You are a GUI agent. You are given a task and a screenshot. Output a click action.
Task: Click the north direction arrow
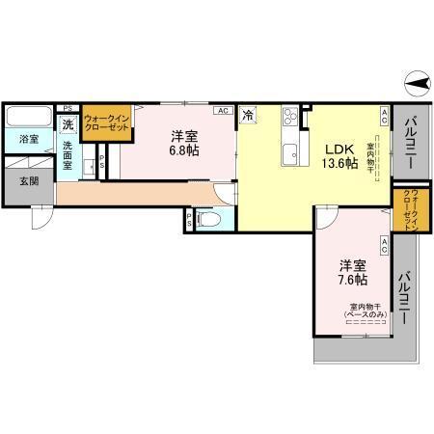click(x=416, y=87)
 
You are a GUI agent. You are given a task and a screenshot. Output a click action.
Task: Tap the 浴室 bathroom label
click(x=29, y=139)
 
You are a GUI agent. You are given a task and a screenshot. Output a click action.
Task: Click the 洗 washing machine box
click(x=68, y=124)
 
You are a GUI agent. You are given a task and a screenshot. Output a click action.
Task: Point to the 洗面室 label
click(x=68, y=154)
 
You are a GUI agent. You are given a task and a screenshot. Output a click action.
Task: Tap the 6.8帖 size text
click(x=186, y=151)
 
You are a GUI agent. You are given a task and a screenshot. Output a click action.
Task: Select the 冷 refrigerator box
click(x=248, y=116)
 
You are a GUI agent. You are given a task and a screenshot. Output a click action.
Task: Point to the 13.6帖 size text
click(x=339, y=163)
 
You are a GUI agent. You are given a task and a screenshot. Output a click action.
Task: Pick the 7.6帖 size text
click(x=352, y=280)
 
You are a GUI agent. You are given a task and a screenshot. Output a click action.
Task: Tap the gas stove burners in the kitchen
click(x=289, y=121)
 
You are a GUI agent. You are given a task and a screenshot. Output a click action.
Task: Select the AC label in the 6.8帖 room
click(x=223, y=111)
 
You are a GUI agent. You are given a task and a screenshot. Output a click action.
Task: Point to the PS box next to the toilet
click(x=188, y=220)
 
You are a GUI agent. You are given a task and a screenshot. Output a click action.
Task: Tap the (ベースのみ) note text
click(x=364, y=315)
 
